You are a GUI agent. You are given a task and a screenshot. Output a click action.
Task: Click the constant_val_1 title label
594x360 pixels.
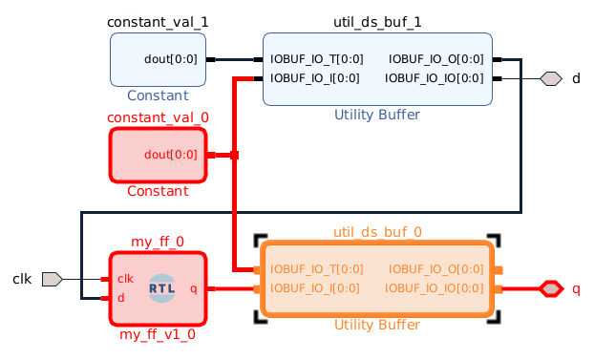click(x=158, y=21)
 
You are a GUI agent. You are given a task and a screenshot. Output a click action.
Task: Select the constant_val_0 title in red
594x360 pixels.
click(x=158, y=117)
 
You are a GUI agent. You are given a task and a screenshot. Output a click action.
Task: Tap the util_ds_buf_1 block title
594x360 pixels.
click(x=376, y=21)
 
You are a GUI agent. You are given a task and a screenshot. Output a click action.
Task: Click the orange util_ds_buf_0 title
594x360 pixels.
click(x=376, y=232)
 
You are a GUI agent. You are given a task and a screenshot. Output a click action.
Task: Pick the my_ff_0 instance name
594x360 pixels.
click(x=158, y=242)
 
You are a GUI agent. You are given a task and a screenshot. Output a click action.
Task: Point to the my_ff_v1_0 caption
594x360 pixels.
click(x=158, y=334)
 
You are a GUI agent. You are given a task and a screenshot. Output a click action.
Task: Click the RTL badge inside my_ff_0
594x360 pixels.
click(x=162, y=287)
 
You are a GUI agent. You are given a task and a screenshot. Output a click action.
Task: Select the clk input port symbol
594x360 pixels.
click(x=53, y=279)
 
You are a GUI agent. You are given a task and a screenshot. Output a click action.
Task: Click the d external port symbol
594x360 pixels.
click(x=550, y=78)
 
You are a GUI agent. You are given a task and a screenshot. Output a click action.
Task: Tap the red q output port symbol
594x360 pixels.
click(x=551, y=288)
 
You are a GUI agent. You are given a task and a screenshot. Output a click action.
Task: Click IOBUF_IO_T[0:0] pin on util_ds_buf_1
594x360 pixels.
click(x=316, y=59)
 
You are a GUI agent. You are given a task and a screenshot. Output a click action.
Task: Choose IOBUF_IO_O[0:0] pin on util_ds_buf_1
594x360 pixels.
click(x=436, y=59)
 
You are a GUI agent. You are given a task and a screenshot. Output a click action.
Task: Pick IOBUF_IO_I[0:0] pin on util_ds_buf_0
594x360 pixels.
click(x=314, y=288)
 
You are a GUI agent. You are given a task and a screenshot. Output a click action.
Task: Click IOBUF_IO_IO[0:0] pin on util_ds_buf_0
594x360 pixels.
click(x=435, y=288)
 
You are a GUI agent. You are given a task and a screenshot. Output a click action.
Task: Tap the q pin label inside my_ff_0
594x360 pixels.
click(x=194, y=288)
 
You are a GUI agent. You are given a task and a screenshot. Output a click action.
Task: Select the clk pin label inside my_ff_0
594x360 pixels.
click(x=125, y=279)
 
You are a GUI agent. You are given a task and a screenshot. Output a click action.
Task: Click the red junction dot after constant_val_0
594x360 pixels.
click(x=234, y=155)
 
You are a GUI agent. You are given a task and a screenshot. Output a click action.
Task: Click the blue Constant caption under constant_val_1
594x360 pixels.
click(x=158, y=95)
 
